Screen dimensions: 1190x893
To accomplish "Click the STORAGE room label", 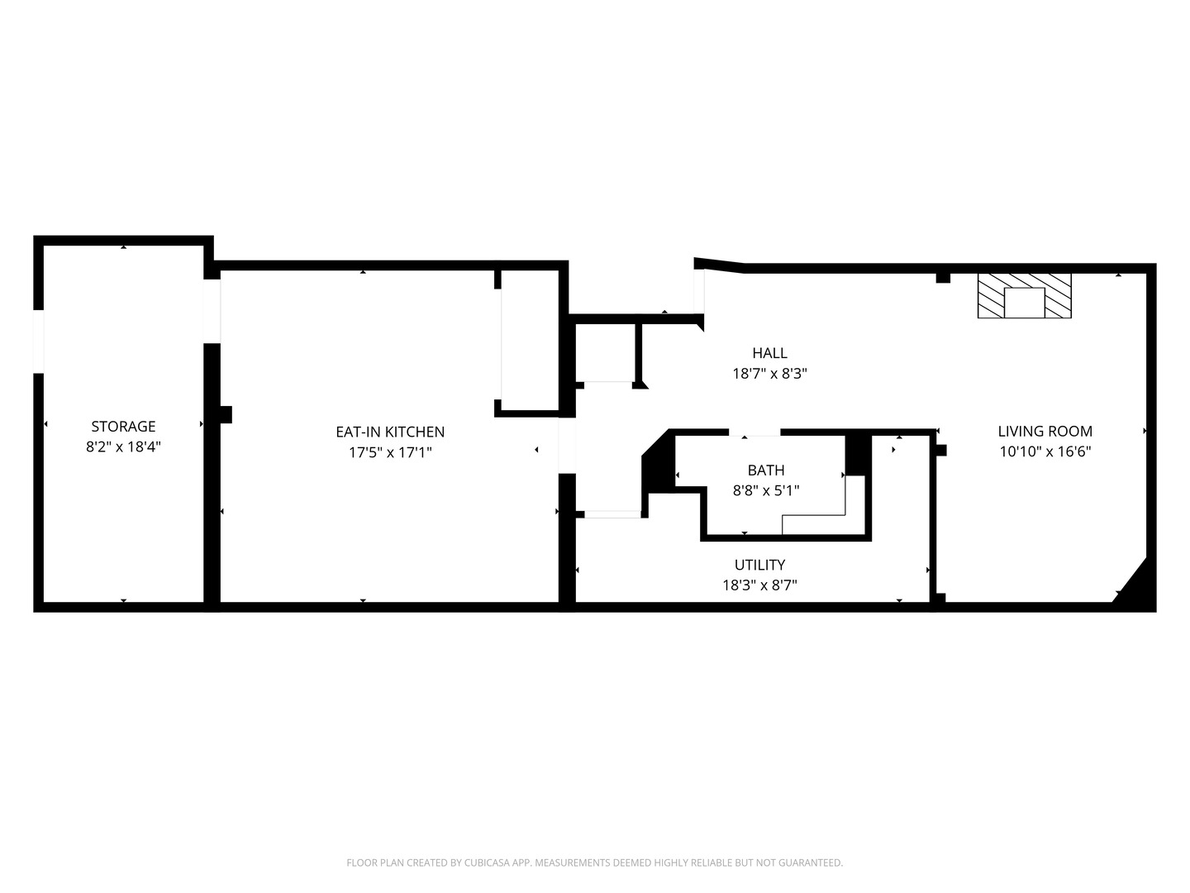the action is tap(123, 426).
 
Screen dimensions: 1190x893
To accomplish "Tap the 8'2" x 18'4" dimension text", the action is tap(123, 446).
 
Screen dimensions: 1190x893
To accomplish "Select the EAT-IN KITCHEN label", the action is tap(390, 432).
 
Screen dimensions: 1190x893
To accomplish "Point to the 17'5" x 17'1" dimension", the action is tap(390, 452).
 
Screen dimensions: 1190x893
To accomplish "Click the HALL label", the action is tap(769, 353).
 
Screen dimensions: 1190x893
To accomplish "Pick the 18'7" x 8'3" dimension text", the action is tap(769, 374).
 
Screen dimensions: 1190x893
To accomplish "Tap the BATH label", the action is tap(765, 470).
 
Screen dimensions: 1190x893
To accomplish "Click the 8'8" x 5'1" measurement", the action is tap(765, 490).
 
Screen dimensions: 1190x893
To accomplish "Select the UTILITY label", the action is tap(759, 565).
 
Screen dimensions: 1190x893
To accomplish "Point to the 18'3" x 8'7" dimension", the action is tap(759, 585).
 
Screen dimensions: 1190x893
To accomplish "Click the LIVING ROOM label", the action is tap(1045, 431).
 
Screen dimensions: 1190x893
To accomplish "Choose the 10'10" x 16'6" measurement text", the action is tap(1045, 451).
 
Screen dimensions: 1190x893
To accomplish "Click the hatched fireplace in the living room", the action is tap(1024, 295).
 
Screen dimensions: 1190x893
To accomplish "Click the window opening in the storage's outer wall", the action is tap(38, 341).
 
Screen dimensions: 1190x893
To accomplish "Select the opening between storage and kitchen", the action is tap(212, 311).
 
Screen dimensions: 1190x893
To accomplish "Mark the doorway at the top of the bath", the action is tap(754, 432).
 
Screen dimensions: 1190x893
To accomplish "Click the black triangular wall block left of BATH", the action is tap(658, 464).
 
